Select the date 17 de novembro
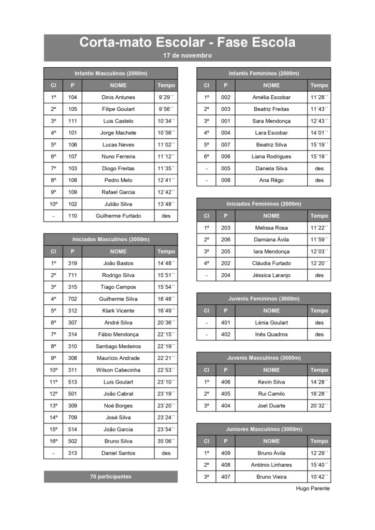[x=187, y=55]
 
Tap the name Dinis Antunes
[x=118, y=97]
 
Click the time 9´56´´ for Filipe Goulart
[x=166, y=109]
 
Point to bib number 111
[x=73, y=121]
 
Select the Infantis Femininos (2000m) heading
[x=264, y=73]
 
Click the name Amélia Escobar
[x=271, y=97]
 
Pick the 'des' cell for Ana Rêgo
[x=319, y=180]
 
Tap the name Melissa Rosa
[x=271, y=228]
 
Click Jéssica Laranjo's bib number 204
[x=225, y=275]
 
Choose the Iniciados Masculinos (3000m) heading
[x=111, y=239]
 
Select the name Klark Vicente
[x=118, y=311]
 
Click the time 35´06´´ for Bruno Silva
[x=166, y=441]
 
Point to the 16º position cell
[x=53, y=441]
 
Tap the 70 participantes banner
[x=111, y=477]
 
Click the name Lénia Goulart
[x=271, y=322]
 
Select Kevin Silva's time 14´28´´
[x=319, y=382]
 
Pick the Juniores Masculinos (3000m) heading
[x=264, y=429]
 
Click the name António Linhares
[x=271, y=465]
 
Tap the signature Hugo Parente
[x=312, y=488]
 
